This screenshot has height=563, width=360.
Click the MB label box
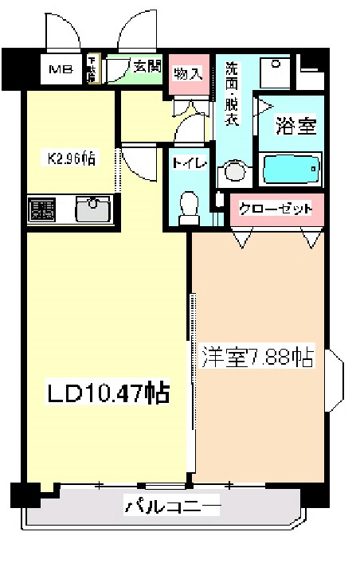click(x=61, y=70)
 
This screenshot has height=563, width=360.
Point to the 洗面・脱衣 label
click(x=232, y=93)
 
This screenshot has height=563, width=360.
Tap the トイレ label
click(x=190, y=163)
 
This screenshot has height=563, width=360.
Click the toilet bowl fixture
click(x=189, y=204)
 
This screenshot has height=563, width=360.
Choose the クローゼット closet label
click(x=276, y=209)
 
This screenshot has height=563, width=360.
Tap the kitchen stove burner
click(x=41, y=209)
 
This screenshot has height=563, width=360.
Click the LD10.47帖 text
click(x=107, y=393)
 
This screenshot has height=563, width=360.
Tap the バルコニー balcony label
click(x=171, y=505)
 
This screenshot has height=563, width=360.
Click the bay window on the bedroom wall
click(x=335, y=379)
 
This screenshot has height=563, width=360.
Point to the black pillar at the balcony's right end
click(x=315, y=494)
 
